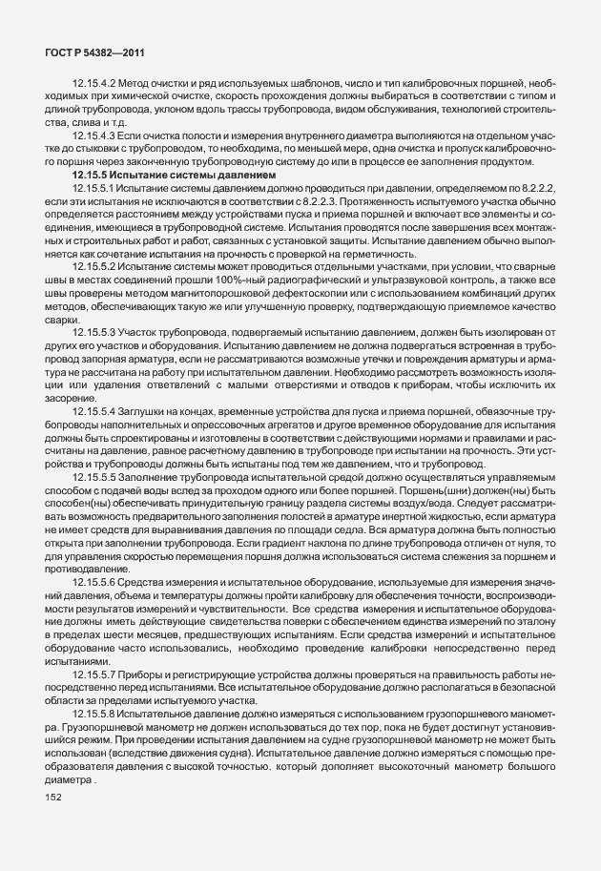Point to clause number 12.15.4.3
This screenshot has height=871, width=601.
coord(94,135)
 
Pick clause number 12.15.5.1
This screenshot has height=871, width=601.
coord(96,189)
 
